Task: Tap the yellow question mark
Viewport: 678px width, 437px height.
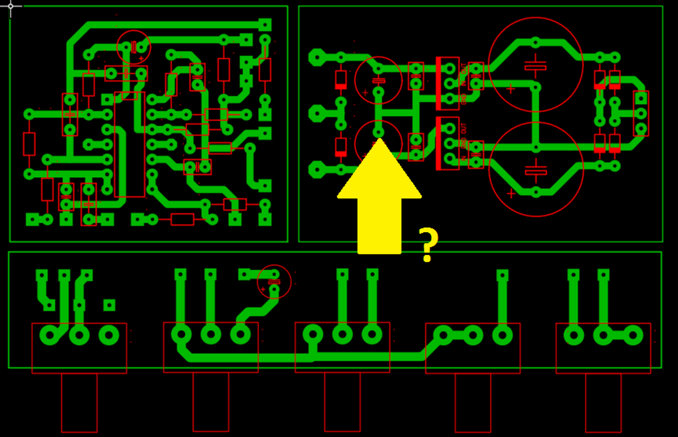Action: [428, 244]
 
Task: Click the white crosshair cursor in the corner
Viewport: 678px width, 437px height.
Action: [10, 6]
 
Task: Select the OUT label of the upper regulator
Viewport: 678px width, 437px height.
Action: [464, 68]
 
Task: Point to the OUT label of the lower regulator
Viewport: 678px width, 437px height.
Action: [464, 128]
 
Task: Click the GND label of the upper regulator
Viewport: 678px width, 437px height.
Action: [464, 98]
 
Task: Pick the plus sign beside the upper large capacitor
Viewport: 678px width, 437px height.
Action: [511, 89]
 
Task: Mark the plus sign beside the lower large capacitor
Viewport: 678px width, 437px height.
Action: [511, 194]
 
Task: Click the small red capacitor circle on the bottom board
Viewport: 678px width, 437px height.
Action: [274, 281]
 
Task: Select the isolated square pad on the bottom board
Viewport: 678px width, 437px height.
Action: [109, 305]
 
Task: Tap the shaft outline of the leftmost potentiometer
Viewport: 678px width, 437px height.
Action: [79, 402]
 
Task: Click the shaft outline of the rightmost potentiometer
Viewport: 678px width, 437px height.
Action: [603, 402]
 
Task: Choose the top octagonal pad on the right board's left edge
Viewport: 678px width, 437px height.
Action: [317, 57]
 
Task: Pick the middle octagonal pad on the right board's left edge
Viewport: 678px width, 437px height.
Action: [317, 113]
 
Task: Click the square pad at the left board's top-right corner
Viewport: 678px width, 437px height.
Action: [265, 24]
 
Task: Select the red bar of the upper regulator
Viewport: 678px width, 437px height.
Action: [439, 83]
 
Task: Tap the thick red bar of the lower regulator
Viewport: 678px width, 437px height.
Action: [439, 143]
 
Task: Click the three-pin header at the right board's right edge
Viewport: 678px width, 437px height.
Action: [641, 113]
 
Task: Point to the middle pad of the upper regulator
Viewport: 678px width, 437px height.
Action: [450, 83]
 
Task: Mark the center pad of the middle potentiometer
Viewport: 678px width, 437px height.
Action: [342, 334]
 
